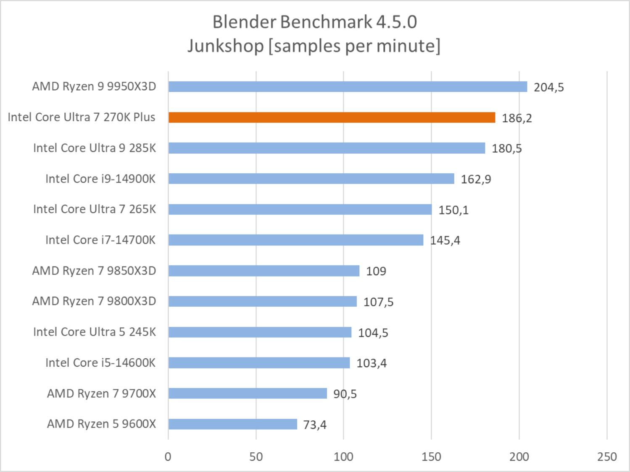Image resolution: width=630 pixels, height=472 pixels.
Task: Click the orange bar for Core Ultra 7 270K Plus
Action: pyautogui.click(x=332, y=117)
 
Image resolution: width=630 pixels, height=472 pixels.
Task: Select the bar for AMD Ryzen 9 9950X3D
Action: pyautogui.click(x=348, y=87)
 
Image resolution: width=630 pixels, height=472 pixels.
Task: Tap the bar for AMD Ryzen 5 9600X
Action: pyautogui.click(x=232, y=424)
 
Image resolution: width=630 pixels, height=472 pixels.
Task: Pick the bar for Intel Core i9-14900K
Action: pyautogui.click(x=311, y=179)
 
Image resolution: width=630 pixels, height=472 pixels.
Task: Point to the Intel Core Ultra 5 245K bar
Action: pyautogui.click(x=260, y=332)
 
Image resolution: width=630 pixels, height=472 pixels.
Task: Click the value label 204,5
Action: pyautogui.click(x=548, y=87)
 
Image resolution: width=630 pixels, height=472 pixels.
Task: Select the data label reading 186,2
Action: pyautogui.click(x=517, y=118)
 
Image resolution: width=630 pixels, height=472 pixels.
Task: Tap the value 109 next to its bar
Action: pyautogui.click(x=376, y=271)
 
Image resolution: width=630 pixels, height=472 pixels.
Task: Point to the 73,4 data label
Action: pyautogui.click(x=315, y=425)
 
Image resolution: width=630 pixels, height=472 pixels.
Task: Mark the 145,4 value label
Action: pyautogui.click(x=445, y=240)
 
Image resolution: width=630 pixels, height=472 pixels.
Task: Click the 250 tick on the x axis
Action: pyautogui.click(x=606, y=456)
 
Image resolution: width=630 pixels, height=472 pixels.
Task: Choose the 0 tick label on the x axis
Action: pyautogui.click(x=168, y=456)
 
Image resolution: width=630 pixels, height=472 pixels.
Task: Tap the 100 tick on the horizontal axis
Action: pyautogui.click(x=343, y=456)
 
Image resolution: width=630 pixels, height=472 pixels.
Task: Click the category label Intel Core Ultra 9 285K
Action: pyautogui.click(x=95, y=148)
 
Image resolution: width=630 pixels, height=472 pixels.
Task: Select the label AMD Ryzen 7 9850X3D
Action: pyautogui.click(x=94, y=271)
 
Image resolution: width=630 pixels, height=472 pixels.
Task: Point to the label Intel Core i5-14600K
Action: pyautogui.click(x=100, y=362)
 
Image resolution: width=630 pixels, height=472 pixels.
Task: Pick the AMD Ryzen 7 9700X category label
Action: pyautogui.click(x=101, y=394)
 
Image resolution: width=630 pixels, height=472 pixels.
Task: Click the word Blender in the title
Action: pyautogui.click(x=245, y=22)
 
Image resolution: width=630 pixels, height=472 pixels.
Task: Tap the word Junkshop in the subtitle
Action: pyautogui.click(x=225, y=45)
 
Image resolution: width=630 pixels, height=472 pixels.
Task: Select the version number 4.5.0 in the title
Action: pyautogui.click(x=396, y=22)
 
